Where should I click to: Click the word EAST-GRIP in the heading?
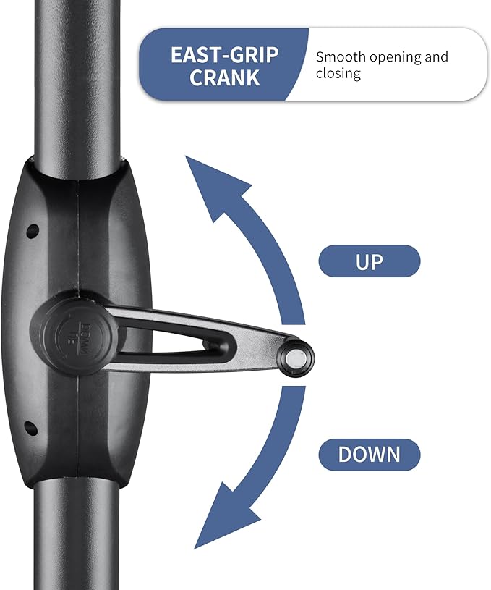[x=224, y=55]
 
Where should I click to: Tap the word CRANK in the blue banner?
[x=224, y=77]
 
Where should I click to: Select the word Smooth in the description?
[x=341, y=57]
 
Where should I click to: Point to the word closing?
[x=338, y=73]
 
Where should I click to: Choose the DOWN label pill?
[x=370, y=455]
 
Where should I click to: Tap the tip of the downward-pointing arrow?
[x=195, y=548]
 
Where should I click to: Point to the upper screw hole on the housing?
[x=33, y=231]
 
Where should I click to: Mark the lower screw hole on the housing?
[x=31, y=428]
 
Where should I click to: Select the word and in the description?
[x=437, y=56]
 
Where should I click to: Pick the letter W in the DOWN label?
[x=378, y=455]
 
